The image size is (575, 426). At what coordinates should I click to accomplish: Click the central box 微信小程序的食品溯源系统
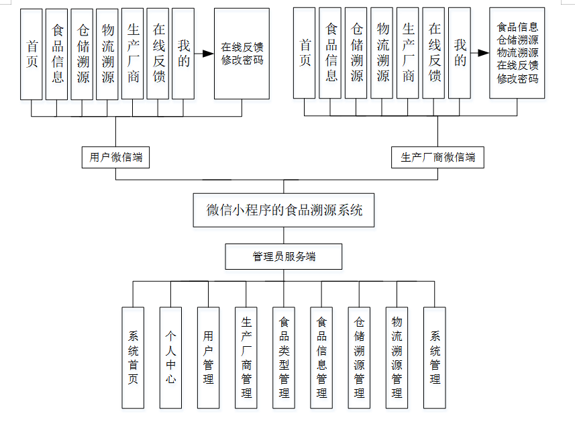coord(284,210)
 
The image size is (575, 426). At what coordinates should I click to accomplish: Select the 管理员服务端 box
coord(284,256)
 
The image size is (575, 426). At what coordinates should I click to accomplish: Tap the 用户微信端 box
coord(115,158)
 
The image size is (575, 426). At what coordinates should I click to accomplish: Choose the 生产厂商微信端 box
coord(437,158)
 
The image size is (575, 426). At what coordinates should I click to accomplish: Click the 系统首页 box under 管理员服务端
coord(133,358)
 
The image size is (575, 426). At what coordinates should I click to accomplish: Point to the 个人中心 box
coord(170,358)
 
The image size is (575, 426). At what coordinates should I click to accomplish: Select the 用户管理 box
coord(208,358)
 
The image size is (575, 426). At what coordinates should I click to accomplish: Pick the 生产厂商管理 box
coord(246,358)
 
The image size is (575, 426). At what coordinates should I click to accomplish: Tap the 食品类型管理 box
coord(284,358)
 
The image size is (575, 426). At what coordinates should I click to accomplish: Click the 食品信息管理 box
coord(321,358)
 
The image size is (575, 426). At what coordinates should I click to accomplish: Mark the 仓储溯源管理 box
coord(359,358)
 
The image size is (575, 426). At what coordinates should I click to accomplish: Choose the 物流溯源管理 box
coord(397,358)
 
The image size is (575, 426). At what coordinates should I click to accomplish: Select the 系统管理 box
coord(434,358)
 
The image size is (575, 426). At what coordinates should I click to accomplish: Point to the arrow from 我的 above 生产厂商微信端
coord(479,53)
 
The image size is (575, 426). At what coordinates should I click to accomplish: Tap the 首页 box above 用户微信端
coord(32,54)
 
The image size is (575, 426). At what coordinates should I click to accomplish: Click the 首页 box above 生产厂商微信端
coord(305,54)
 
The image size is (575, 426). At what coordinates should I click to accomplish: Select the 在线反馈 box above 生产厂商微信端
coord(434,54)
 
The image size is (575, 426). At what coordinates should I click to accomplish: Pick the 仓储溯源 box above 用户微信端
coord(83,54)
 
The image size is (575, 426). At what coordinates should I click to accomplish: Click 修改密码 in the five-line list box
coord(517,78)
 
